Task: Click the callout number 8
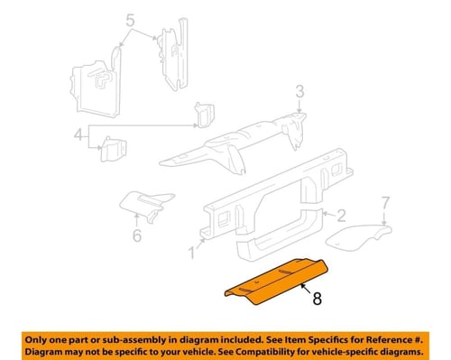(x=318, y=299)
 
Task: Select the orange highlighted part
(x=276, y=282)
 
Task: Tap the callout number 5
(x=130, y=21)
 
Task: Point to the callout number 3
(x=299, y=91)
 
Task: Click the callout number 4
(x=78, y=134)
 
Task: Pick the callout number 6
(x=137, y=235)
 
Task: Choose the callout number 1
(x=192, y=253)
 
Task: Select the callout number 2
(x=341, y=216)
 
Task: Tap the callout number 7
(x=385, y=203)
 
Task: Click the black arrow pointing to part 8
(x=306, y=288)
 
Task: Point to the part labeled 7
(x=359, y=237)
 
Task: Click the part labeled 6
(x=146, y=206)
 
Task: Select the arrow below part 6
(x=136, y=219)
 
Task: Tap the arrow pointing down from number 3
(x=299, y=106)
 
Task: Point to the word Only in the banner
(x=35, y=340)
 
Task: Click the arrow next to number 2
(x=328, y=214)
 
